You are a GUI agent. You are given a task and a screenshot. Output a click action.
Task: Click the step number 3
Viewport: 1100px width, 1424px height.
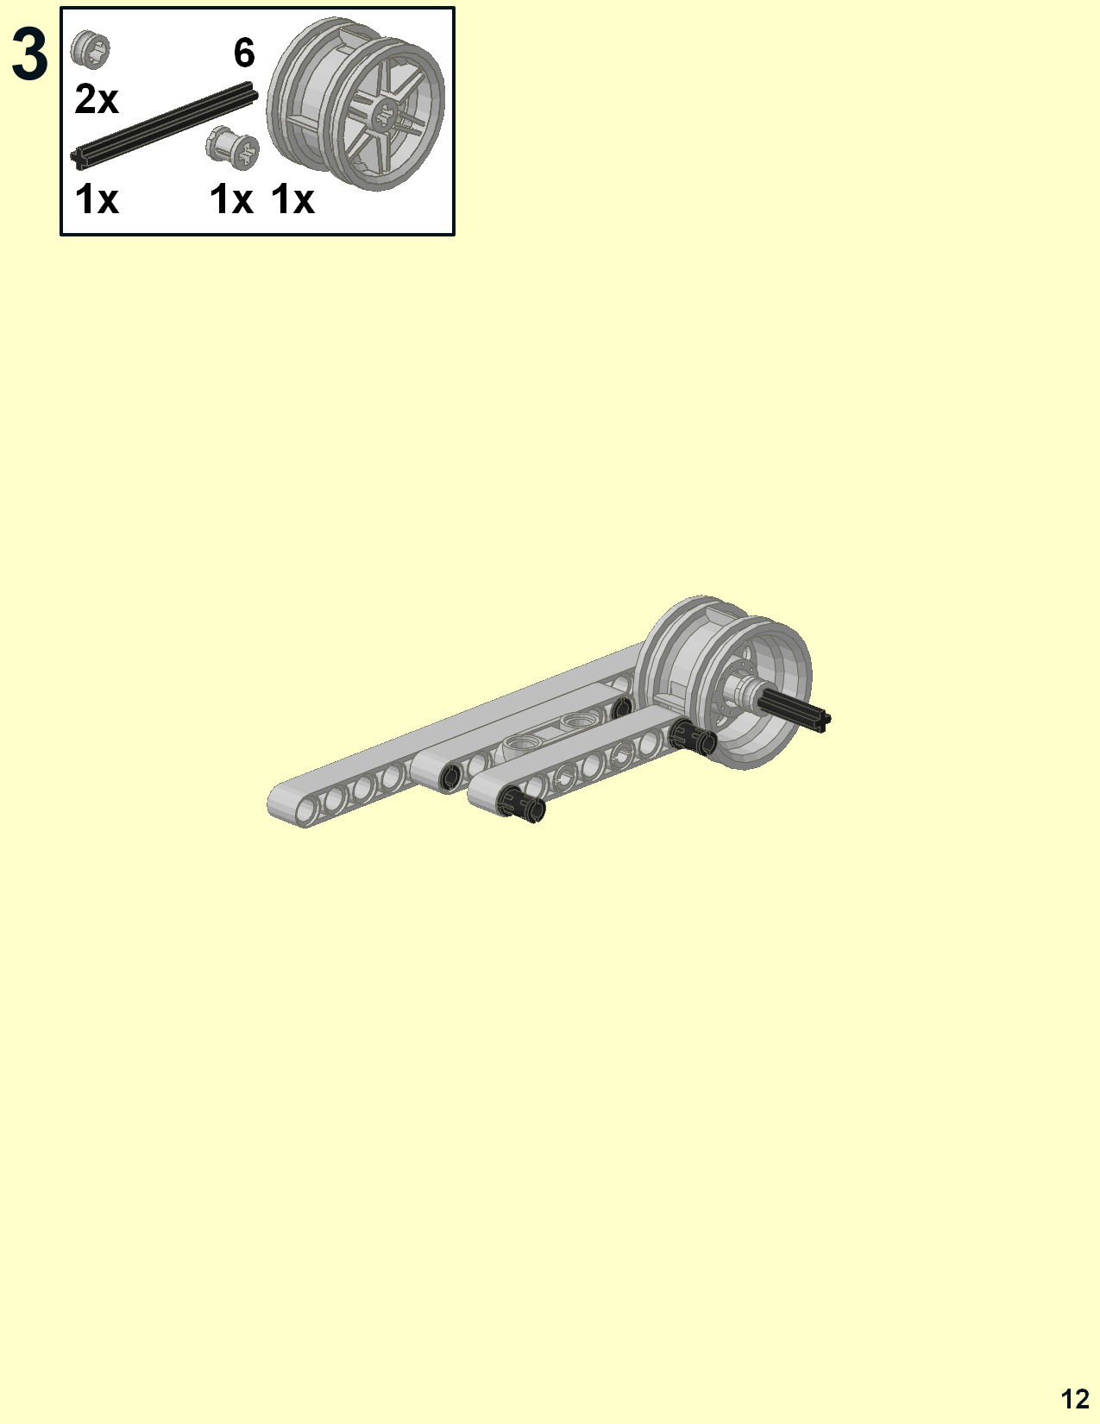tap(29, 56)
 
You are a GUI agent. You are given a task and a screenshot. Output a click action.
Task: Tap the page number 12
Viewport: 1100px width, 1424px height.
tap(1075, 1399)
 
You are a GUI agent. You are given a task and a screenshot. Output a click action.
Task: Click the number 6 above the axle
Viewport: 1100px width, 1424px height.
tap(244, 54)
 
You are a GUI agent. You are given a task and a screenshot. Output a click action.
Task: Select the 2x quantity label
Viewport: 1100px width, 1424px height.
tap(96, 99)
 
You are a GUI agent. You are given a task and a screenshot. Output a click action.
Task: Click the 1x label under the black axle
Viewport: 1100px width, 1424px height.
tap(97, 200)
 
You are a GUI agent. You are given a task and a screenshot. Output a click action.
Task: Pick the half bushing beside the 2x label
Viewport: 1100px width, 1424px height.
tap(91, 48)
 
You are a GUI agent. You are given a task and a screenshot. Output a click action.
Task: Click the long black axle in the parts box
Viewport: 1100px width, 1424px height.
tap(164, 126)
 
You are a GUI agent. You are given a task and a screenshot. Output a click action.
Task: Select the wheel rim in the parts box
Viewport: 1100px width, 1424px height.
tap(356, 104)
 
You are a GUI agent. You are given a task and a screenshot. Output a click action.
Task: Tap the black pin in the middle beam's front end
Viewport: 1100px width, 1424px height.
tap(450, 777)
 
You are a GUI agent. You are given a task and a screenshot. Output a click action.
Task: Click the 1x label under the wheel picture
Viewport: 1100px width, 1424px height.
tap(293, 200)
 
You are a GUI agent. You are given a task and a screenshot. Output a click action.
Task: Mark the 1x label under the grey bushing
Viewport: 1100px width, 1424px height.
tap(231, 200)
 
